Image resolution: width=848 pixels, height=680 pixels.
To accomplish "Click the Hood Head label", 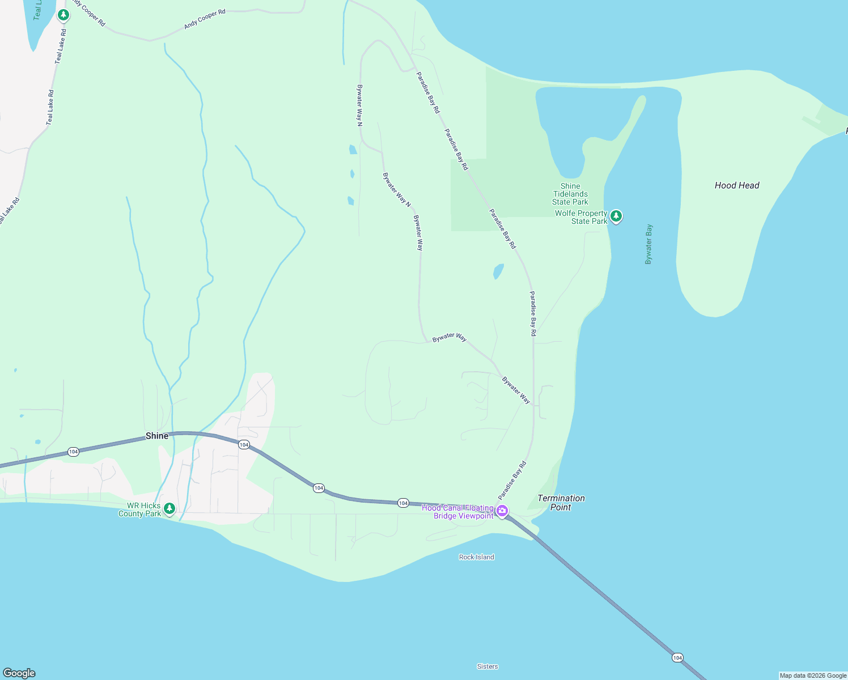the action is (736, 185).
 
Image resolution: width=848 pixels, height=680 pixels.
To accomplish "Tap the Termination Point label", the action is (561, 503).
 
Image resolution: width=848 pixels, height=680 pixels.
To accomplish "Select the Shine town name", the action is (157, 436).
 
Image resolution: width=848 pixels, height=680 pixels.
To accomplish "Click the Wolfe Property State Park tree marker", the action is (616, 216).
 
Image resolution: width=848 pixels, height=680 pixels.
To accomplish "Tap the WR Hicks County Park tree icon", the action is (169, 509).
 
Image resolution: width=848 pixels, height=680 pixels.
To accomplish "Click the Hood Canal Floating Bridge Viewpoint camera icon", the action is (502, 512).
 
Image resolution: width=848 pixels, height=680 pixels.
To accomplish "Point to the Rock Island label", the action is (476, 557).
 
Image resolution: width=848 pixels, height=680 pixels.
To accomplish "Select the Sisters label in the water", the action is (487, 666).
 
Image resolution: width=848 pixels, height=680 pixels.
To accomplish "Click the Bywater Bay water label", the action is (648, 244).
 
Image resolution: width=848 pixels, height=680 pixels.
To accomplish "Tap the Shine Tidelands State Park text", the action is (570, 194).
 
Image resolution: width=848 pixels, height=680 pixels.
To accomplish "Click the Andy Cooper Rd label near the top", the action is (204, 19).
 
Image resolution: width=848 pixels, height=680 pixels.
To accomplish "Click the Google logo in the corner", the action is (19, 673).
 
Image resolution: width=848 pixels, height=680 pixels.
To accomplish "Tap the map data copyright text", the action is (813, 675).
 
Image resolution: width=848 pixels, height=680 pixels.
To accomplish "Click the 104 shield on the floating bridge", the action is (677, 657).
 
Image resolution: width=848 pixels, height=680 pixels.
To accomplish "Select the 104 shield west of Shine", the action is (73, 452).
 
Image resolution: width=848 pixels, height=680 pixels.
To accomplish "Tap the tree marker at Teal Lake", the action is (63, 15).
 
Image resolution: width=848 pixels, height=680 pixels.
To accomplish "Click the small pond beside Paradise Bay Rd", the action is (498, 271).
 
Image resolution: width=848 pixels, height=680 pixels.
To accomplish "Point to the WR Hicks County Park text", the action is (139, 509).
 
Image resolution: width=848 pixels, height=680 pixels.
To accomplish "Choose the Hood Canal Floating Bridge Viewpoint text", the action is (458, 512).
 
